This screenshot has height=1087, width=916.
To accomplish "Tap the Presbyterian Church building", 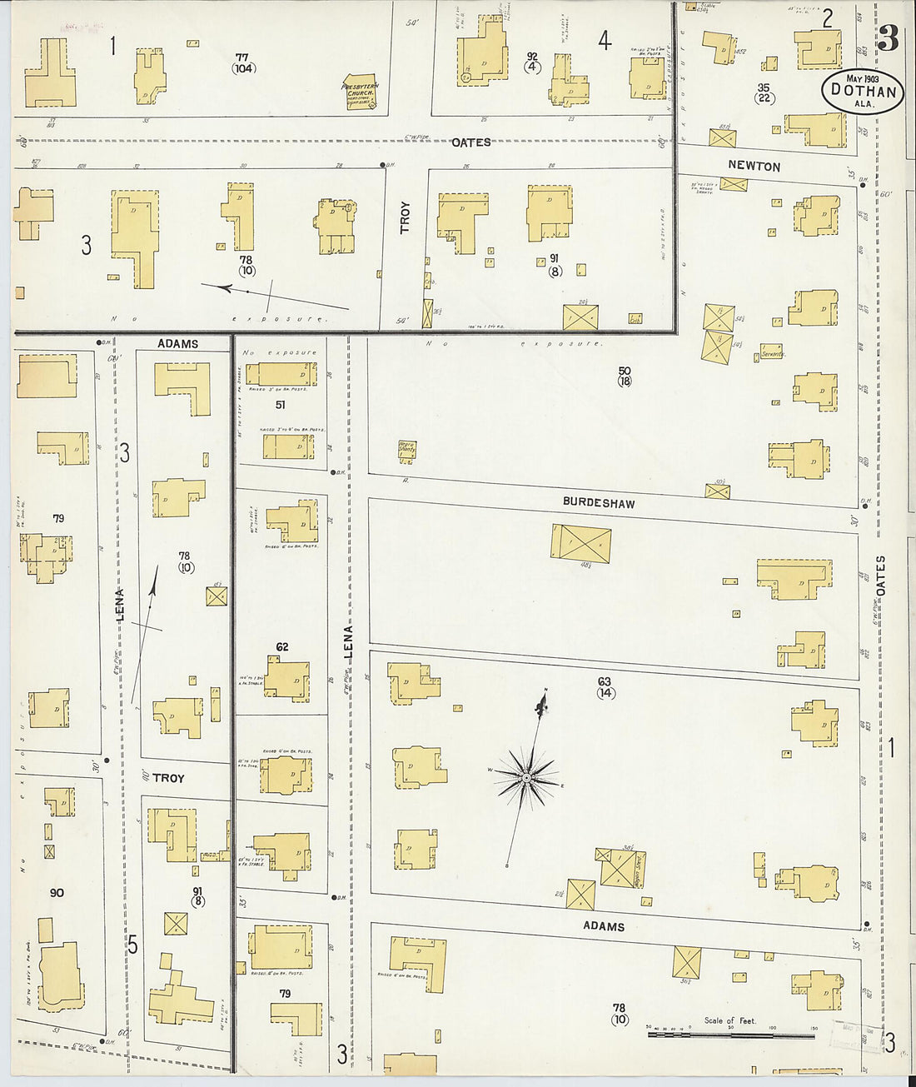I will tap(361, 95).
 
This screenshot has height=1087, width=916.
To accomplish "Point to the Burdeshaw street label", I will tap(598, 502).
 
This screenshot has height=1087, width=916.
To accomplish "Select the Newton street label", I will tap(754, 166).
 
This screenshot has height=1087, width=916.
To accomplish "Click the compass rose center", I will tap(526, 778).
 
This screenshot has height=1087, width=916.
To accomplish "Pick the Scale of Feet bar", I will tap(731, 1035).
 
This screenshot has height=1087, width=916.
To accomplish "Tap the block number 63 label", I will tap(605, 682).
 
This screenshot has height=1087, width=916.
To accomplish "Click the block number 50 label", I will tap(625, 371).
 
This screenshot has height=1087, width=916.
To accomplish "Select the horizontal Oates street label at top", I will tap(470, 142).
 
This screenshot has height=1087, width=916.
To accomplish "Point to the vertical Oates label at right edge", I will tap(880, 575).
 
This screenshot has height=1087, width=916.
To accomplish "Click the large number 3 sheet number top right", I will tap(888, 38).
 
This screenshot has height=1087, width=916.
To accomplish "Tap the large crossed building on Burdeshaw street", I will tap(581, 543).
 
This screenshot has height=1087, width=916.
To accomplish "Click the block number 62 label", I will tap(282, 646).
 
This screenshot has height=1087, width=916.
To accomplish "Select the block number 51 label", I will tap(281, 405).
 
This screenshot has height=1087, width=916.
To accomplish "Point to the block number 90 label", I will tap(57, 893).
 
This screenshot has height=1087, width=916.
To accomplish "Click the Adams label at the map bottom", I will tap(603, 926).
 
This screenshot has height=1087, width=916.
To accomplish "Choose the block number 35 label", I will tap(763, 87).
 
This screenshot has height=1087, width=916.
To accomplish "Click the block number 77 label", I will tap(241, 57).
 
